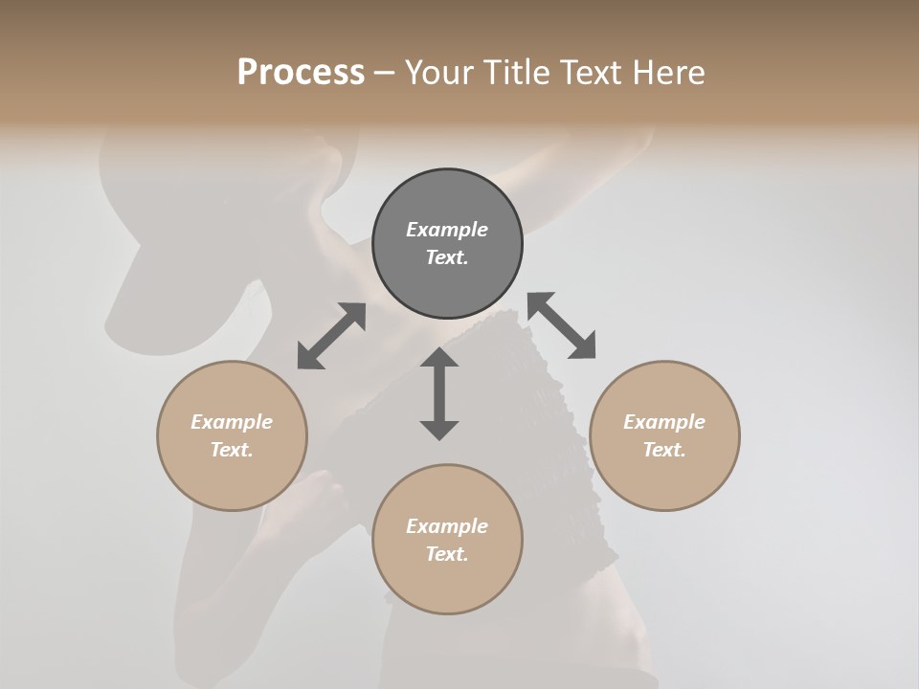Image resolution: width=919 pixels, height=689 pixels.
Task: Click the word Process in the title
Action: (x=301, y=73)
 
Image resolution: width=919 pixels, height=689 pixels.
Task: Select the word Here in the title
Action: (x=668, y=73)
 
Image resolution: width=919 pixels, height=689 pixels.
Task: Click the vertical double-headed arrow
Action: (x=439, y=393)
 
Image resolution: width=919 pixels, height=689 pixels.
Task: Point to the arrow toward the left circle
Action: (x=331, y=336)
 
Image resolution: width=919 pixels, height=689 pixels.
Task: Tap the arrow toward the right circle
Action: (x=561, y=325)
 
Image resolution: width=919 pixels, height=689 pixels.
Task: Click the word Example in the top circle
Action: (x=447, y=230)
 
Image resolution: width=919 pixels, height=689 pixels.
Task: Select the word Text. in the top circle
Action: (x=447, y=257)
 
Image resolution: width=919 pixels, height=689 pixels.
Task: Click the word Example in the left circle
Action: (x=232, y=422)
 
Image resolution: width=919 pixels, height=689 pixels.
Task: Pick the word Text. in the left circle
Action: (x=232, y=450)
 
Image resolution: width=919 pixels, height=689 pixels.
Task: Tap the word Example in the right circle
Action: (x=664, y=422)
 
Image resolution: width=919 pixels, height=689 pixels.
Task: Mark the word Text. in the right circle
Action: (x=664, y=450)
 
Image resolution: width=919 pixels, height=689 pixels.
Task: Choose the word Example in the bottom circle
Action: (x=447, y=526)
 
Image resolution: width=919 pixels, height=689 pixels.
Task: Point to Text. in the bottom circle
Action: (x=447, y=554)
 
